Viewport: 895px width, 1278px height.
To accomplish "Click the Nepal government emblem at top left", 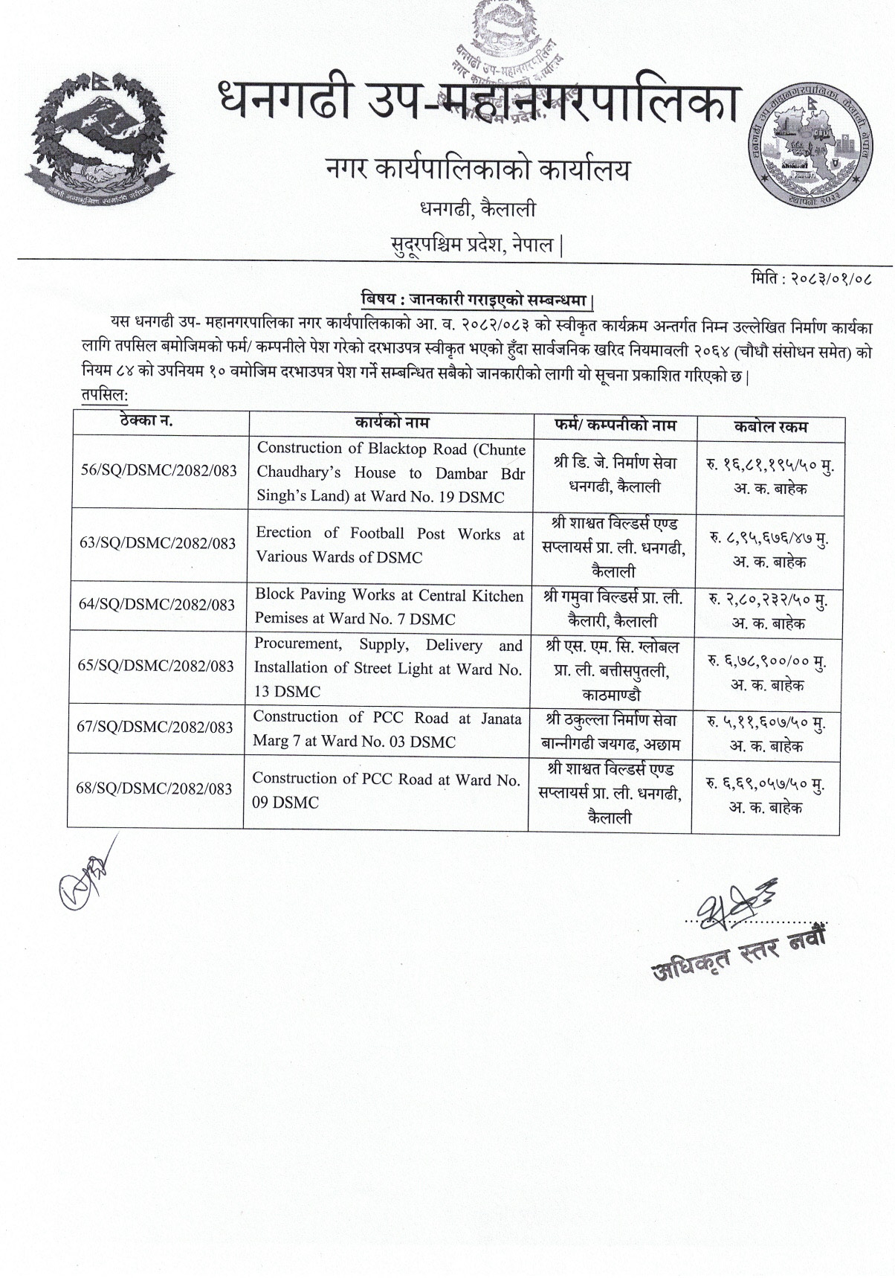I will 103,141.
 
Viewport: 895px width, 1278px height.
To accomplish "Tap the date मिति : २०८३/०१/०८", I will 811,281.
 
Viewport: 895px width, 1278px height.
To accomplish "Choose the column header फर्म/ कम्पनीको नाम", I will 614,426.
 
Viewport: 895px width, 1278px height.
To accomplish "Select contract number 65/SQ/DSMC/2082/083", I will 156,667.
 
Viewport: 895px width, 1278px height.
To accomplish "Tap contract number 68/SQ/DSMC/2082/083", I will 155,789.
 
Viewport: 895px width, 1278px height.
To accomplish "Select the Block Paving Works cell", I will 388,606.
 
